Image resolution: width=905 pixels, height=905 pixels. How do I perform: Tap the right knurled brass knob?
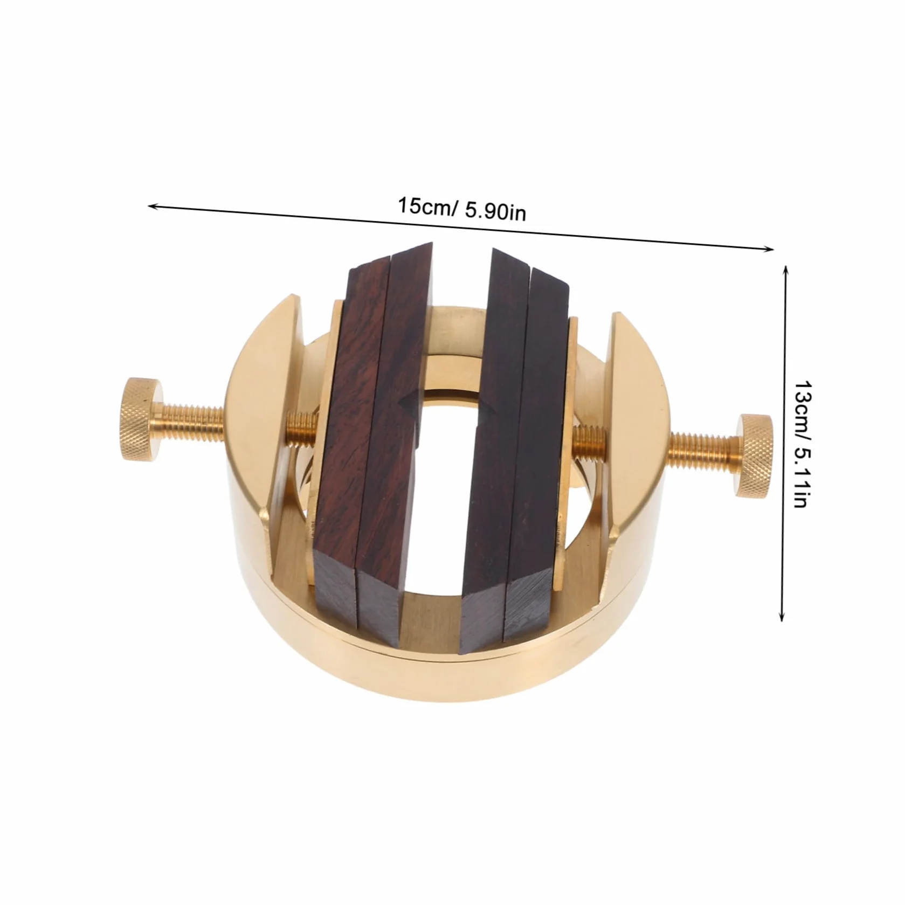coord(752,456)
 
